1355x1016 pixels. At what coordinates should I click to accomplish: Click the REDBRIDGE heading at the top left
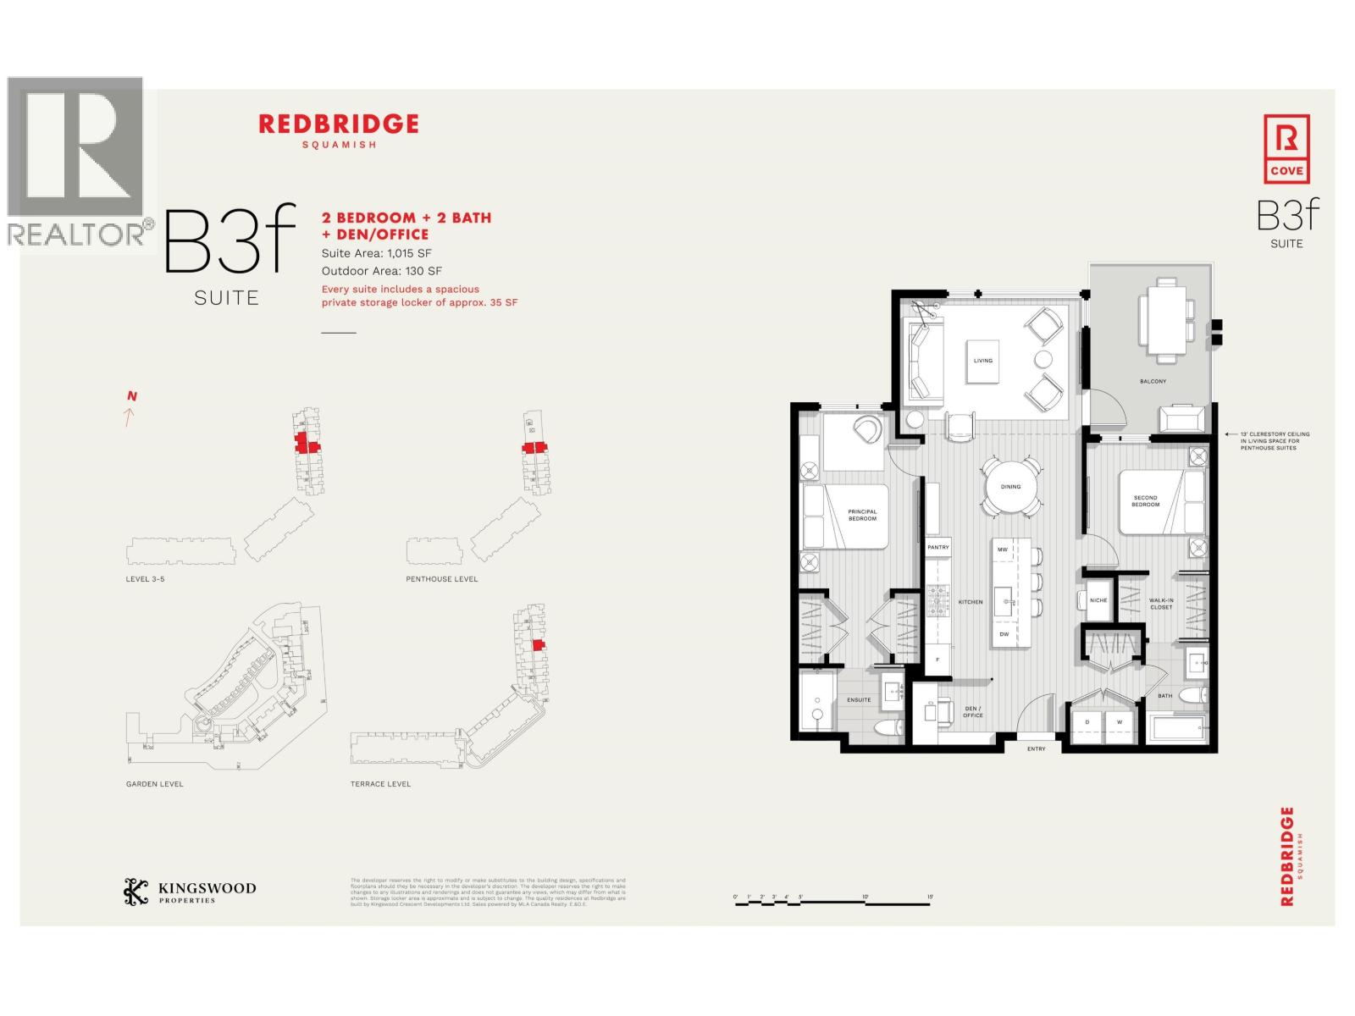click(338, 124)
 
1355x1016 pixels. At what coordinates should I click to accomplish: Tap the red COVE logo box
click(1286, 150)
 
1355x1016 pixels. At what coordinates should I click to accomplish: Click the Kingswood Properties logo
click(190, 892)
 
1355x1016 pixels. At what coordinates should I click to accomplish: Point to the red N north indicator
click(131, 396)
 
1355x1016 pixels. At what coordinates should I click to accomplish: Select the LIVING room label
click(982, 361)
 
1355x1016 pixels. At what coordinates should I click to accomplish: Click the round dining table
click(1010, 487)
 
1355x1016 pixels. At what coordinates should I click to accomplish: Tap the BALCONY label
click(1153, 382)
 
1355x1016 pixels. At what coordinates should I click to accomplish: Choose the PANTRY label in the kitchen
click(938, 548)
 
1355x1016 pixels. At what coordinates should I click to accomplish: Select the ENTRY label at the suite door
click(1036, 749)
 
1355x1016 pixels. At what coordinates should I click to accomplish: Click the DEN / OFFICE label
click(972, 712)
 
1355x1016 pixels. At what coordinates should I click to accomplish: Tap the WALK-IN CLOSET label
click(1161, 604)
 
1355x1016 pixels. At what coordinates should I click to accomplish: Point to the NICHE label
click(1098, 600)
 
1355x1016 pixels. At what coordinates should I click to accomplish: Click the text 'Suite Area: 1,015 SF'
click(377, 253)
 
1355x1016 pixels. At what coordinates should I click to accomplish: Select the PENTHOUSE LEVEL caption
click(441, 579)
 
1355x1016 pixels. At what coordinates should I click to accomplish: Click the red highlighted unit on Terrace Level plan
click(537, 645)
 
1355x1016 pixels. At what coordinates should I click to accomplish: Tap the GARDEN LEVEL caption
click(154, 784)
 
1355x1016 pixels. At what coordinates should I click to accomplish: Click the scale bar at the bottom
click(833, 903)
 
